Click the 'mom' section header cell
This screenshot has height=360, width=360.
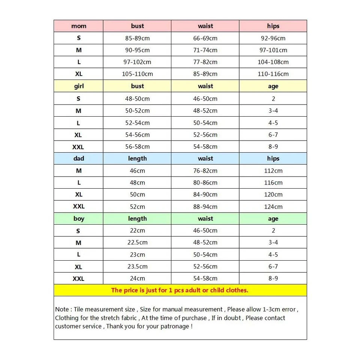click(x=79, y=26)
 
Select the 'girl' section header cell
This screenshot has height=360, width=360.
click(x=79, y=86)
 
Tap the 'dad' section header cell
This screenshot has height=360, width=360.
click(x=79, y=159)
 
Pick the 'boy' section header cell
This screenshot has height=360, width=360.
click(x=79, y=219)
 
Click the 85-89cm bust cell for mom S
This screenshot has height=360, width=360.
click(x=137, y=38)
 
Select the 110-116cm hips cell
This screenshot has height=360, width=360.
click(x=273, y=74)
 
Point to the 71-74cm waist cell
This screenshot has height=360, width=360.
click(x=205, y=50)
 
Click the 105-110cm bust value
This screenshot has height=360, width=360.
click(x=137, y=74)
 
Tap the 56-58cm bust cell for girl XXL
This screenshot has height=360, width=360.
click(x=137, y=147)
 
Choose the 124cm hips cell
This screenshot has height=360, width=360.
click(x=273, y=207)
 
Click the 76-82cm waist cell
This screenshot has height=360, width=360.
click(x=205, y=171)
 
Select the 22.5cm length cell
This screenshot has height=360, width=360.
click(x=137, y=243)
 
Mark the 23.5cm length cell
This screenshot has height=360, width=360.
click(x=137, y=267)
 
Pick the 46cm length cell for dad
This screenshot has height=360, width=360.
click(x=137, y=171)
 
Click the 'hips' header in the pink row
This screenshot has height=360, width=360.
click(x=273, y=26)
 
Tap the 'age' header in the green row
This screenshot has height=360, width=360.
click(x=273, y=219)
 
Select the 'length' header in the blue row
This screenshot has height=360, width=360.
click(x=137, y=159)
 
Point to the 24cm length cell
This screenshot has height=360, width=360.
click(x=137, y=279)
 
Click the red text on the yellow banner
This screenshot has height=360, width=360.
click(x=180, y=290)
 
